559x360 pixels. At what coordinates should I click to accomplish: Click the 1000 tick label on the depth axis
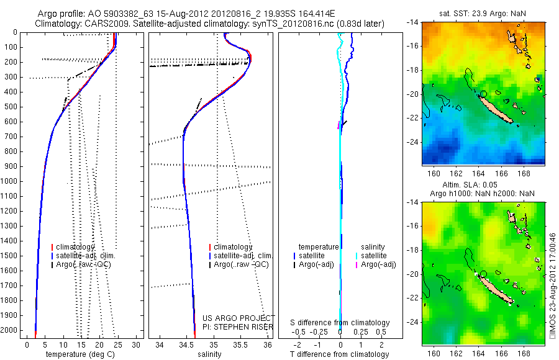pyautogui.click(x=11, y=181)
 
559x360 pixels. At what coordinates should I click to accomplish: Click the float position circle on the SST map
pyautogui.click(x=483, y=94)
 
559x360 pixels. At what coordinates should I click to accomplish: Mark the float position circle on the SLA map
pyautogui.click(x=483, y=274)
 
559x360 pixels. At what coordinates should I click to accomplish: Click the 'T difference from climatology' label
pyautogui.click(x=340, y=354)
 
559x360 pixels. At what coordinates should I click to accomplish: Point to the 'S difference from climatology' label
pyautogui.click(x=340, y=323)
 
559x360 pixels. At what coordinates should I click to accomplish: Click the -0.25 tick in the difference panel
pyautogui.click(x=319, y=332)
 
